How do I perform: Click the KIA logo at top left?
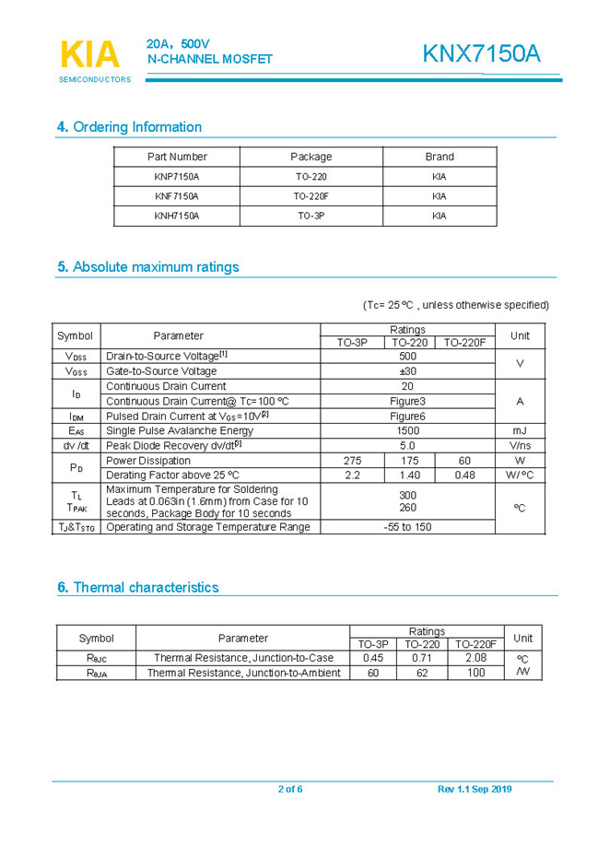89,55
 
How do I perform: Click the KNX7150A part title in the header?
481,54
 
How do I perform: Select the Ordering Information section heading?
129,127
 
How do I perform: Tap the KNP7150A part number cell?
176,176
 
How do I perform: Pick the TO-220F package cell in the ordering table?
311,196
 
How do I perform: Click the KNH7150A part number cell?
176,216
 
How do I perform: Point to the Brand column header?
439,157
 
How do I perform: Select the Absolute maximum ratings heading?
147,267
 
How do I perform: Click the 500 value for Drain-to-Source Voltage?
407,356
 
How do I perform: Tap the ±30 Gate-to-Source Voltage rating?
407,371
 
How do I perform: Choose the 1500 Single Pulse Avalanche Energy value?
407,430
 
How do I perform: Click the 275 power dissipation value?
352,461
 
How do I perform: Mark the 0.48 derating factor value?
464,475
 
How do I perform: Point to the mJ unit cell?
520,430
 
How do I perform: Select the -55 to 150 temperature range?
407,527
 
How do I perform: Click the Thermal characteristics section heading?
138,588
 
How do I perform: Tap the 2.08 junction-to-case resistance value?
476,658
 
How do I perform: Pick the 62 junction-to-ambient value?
422,673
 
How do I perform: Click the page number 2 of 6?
290,789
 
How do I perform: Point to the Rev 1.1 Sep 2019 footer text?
475,789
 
